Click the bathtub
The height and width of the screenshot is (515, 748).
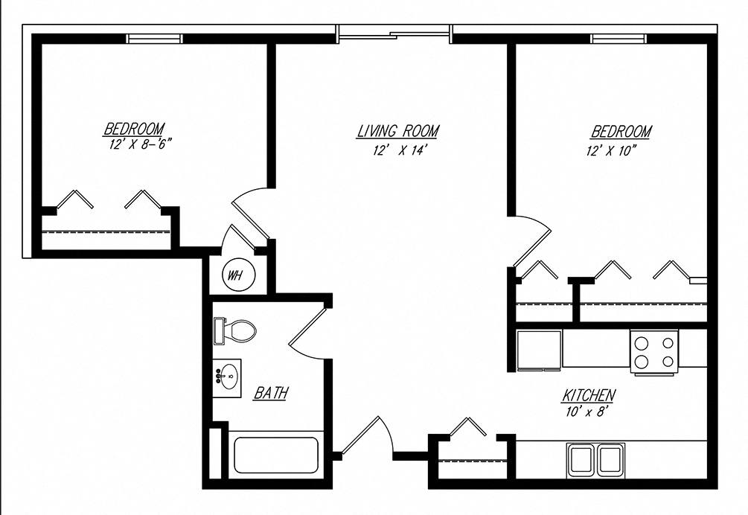276,454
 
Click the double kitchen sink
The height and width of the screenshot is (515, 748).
596,459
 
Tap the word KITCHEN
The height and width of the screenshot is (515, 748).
588,394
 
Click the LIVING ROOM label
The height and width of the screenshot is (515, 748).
397,132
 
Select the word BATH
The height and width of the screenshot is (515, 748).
271,392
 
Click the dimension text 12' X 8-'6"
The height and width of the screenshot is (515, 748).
134,144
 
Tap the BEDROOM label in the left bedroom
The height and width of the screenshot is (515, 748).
134,129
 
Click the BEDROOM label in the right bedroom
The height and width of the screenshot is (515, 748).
621,132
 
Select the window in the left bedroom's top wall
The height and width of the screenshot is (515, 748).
154,39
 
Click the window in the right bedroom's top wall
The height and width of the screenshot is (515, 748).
618,39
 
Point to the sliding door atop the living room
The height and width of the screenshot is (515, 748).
394,33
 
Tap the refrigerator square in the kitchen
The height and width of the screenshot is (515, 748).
540,349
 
